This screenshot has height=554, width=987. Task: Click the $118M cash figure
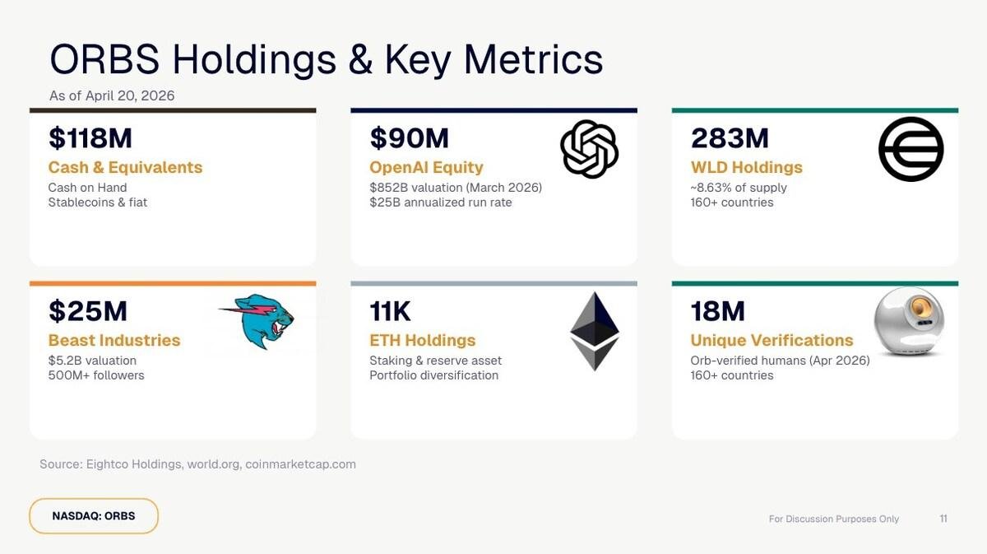90,138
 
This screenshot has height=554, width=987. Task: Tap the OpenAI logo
589,149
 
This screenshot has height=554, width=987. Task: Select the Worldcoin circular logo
911,149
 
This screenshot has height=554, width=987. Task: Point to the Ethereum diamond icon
594,331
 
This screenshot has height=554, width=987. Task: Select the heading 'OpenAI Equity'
426,167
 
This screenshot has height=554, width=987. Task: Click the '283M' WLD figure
730,138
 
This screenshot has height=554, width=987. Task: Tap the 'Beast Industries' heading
114,340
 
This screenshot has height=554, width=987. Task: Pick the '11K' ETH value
391,311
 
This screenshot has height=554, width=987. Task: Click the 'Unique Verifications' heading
772,340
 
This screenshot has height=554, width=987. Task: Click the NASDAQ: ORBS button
94,516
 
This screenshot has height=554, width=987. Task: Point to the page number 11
943,519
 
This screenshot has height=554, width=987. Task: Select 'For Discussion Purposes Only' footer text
833,519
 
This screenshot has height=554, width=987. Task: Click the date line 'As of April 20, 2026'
112,95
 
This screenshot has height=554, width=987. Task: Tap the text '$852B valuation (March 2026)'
456,188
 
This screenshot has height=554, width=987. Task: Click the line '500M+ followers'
96,375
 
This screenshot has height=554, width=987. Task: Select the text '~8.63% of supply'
739,188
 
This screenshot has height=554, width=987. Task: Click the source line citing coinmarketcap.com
197,464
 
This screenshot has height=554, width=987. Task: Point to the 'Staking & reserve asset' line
435,361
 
